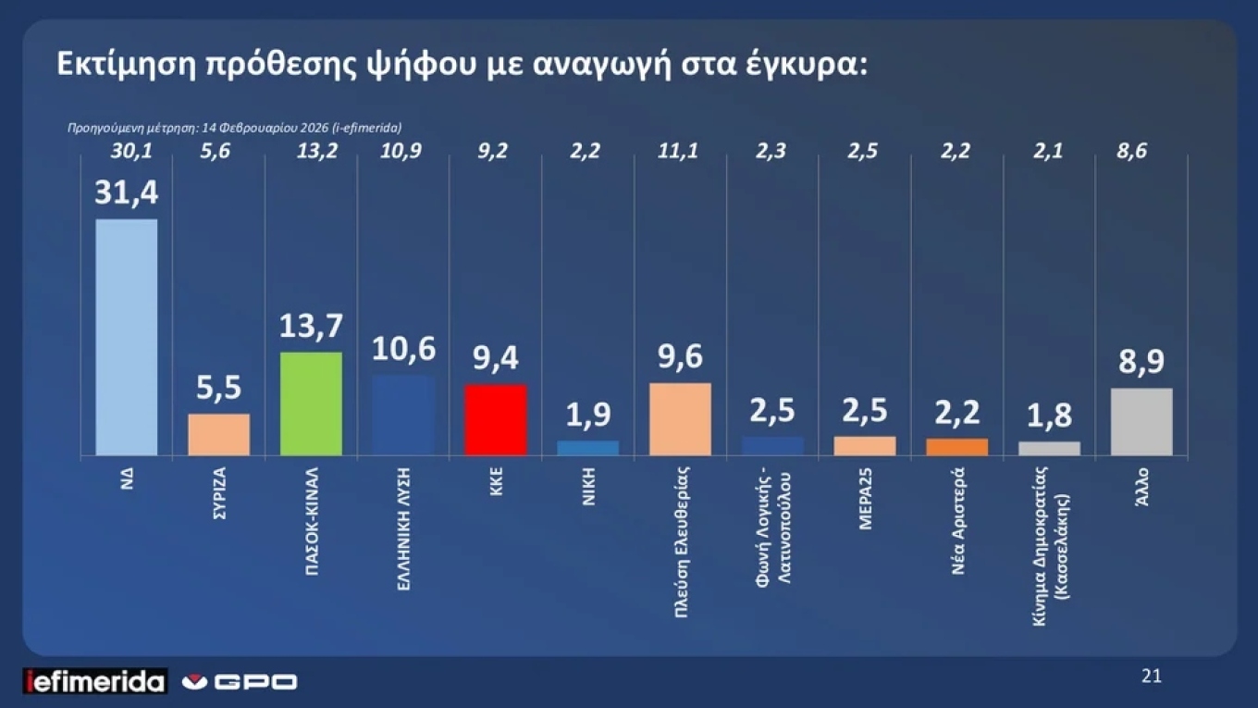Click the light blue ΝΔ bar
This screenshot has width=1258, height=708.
pyautogui.click(x=127, y=337)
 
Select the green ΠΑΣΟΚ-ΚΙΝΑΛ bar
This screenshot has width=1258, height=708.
pyautogui.click(x=311, y=404)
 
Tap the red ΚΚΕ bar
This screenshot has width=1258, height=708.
pyautogui.click(x=496, y=419)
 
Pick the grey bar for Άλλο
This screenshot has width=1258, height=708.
pyautogui.click(x=1141, y=422)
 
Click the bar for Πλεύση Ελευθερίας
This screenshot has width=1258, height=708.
pyautogui.click(x=680, y=418)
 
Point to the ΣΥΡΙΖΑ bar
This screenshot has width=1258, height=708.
pyautogui.click(x=219, y=434)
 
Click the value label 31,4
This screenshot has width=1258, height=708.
pyautogui.click(x=126, y=193)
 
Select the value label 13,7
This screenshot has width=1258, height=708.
pyautogui.click(x=311, y=326)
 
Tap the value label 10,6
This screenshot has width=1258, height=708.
pyautogui.click(x=403, y=350)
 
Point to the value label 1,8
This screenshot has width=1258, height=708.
pyautogui.click(x=1049, y=416)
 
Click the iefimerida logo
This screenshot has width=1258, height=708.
pyautogui.click(x=94, y=682)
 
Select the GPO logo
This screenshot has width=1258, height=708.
pyautogui.click(x=240, y=682)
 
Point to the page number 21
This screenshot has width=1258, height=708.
pyautogui.click(x=1151, y=677)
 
